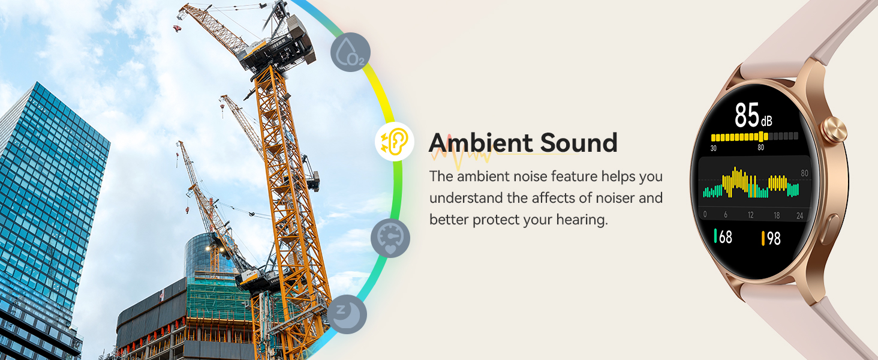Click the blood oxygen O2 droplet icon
tap(350, 52)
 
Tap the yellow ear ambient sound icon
tap(394, 142)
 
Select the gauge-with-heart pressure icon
tap(390, 238)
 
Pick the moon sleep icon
tap(347, 314)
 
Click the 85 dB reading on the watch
tap(753, 115)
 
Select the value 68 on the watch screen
tap(723, 237)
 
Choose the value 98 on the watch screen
tap(771, 238)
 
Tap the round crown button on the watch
tap(834, 130)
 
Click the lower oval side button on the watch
tap(829, 229)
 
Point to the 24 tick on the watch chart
tap(799, 215)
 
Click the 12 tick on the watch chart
tap(751, 215)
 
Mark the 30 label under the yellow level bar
tap(714, 148)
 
